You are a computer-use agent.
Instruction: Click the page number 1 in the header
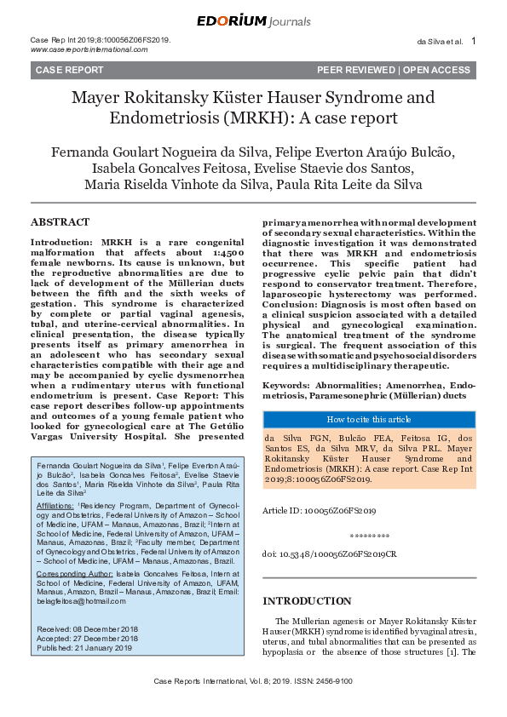[x=474, y=41]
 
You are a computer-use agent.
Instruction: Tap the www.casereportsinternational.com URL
[x=89, y=49]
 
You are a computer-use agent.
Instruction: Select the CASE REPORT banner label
[x=69, y=70]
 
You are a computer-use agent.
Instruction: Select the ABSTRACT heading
[x=60, y=222]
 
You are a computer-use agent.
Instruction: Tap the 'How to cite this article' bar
[x=369, y=419]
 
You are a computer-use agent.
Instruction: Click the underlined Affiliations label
[x=55, y=506]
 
